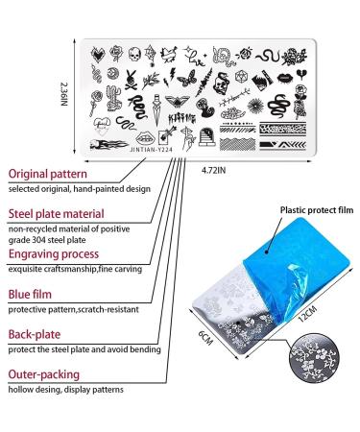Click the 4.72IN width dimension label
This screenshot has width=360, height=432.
point(214,170)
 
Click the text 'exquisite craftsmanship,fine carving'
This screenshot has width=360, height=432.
point(77,272)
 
